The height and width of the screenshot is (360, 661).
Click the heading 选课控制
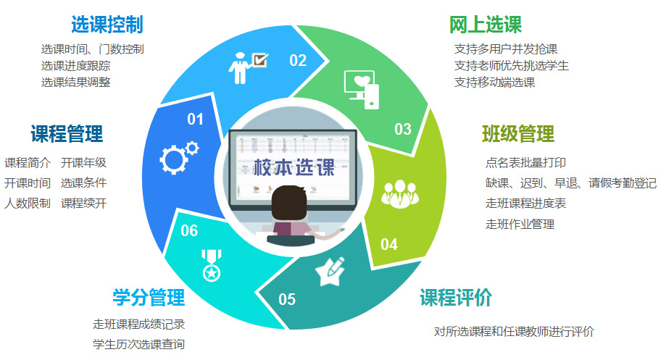click(107, 25)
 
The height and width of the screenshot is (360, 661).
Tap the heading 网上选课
click(485, 25)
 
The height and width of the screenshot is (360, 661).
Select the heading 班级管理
click(518, 134)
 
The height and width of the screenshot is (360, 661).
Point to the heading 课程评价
click(456, 298)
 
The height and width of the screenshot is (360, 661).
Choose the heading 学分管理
click(149, 298)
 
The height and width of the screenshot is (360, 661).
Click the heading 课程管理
click(67, 134)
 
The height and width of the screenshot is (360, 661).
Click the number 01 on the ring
click(195, 120)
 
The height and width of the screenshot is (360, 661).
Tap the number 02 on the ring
click(298, 61)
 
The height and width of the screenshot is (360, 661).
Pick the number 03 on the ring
click(402, 129)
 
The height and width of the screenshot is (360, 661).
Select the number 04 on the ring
click(388, 245)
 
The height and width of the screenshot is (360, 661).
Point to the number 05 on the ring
click(287, 299)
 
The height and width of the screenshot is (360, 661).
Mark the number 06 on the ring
click(189, 230)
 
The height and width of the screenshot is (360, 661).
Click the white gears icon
click(179, 158)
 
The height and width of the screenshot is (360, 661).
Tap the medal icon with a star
click(211, 265)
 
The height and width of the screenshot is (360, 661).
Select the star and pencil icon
click(330, 271)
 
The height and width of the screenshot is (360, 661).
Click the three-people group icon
click(399, 194)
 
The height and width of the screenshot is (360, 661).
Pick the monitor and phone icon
click(362, 90)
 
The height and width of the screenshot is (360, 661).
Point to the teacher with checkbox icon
click(248, 68)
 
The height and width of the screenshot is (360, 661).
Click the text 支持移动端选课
click(494, 82)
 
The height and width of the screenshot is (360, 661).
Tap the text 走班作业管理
click(520, 224)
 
